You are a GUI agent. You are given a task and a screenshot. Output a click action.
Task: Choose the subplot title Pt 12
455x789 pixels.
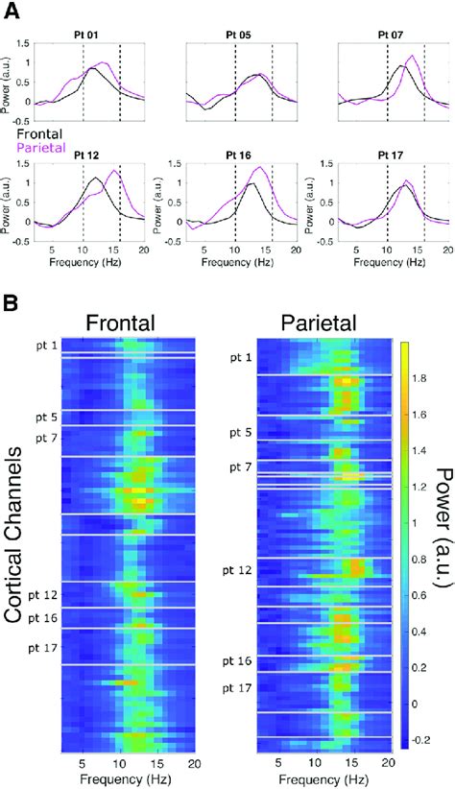pyautogui.click(x=89, y=154)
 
